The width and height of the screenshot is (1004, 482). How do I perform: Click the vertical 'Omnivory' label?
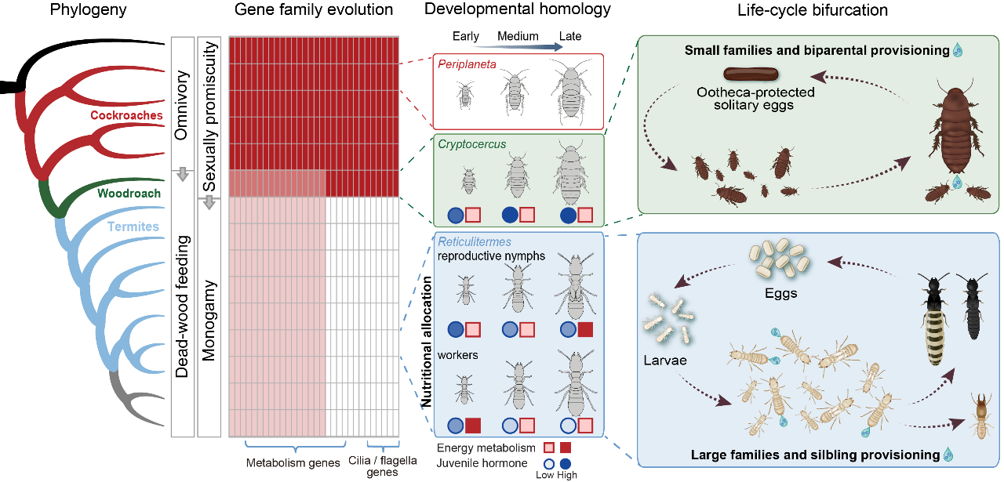pyautogui.click(x=182, y=106)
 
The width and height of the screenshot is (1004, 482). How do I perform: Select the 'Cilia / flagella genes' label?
pyautogui.click(x=382, y=467)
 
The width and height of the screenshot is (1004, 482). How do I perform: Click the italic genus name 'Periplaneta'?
pyautogui.click(x=467, y=64)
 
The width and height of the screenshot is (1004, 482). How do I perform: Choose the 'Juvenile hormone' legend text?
pyautogui.click(x=482, y=462)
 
